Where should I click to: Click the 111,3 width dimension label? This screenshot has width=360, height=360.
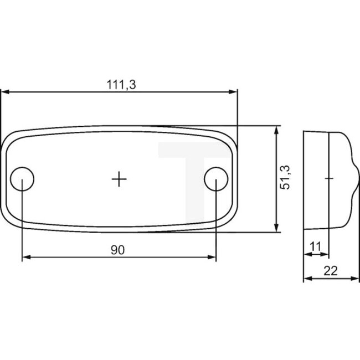point(121,84)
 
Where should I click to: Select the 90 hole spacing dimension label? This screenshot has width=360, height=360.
point(117,250)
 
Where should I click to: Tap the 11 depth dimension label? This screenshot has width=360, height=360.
point(316,244)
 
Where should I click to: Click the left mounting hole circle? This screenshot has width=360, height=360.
point(23,178)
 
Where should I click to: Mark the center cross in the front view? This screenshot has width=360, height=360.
point(119,178)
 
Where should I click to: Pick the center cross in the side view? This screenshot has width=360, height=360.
point(329,178)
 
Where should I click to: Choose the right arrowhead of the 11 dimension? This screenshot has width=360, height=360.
point(325,253)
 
